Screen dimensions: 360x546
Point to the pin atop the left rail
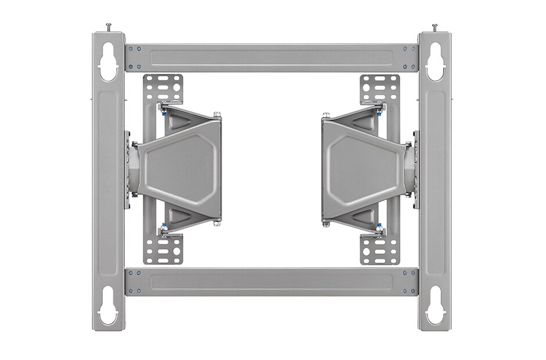point(109,27)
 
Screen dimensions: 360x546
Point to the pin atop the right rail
point(434,27)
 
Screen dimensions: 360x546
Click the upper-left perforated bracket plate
point(163,89)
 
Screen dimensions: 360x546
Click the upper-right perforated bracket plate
point(380,89)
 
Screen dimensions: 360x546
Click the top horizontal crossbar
point(271,57)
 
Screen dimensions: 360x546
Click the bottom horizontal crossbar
point(271,282)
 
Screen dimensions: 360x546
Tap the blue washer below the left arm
point(164,225)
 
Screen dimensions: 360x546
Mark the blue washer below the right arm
point(379,225)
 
